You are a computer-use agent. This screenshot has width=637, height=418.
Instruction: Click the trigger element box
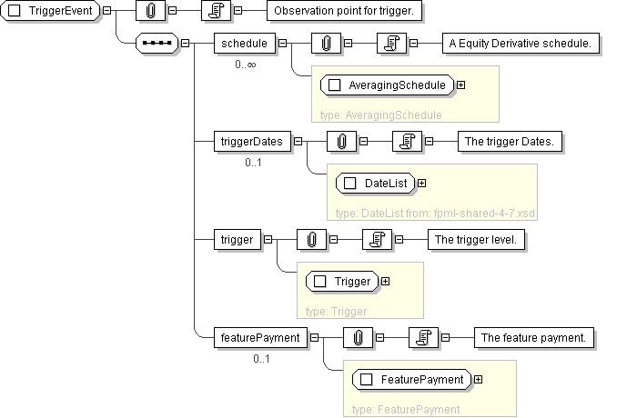236,239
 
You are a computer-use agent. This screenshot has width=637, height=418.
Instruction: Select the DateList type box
375,184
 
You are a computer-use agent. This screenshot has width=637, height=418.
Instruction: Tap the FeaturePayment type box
411,379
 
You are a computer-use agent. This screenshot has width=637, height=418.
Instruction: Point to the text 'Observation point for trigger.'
343,11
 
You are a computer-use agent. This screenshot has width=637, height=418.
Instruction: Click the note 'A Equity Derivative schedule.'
520,43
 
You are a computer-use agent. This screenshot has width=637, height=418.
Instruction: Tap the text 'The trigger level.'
477,239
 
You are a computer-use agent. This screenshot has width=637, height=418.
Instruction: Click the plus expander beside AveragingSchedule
460,85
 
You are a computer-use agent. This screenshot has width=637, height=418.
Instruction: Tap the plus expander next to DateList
421,184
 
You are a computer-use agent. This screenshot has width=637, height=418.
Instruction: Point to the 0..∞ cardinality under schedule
245,65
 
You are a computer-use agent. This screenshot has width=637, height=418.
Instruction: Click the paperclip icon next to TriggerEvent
149,11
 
